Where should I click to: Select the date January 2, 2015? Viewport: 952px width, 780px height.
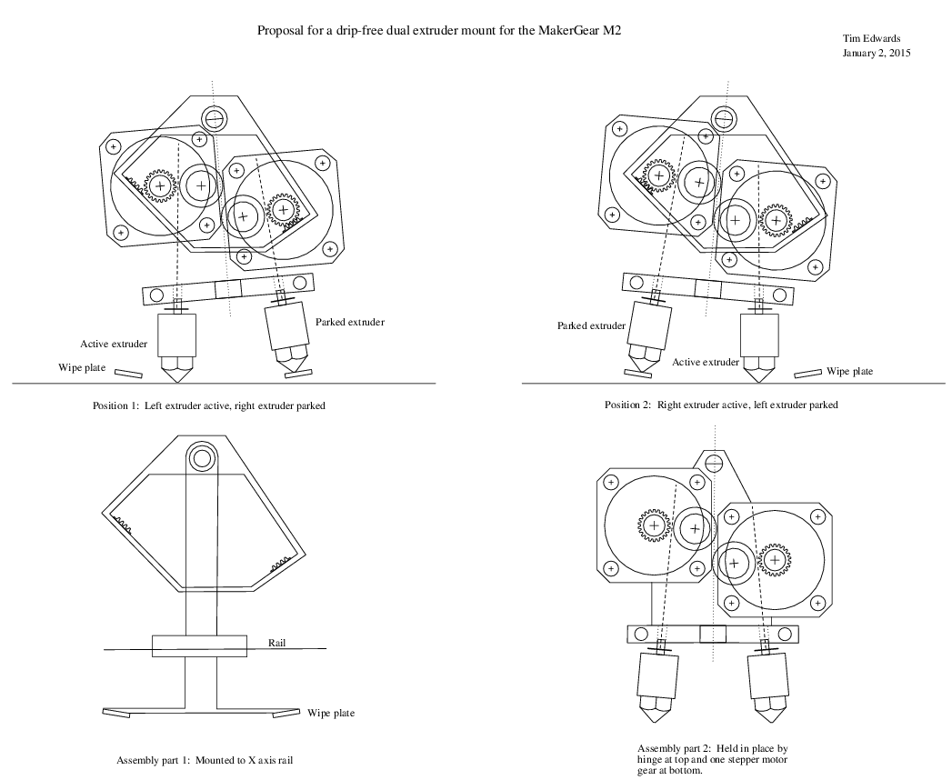[877, 53]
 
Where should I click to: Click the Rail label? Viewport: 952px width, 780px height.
[278, 642]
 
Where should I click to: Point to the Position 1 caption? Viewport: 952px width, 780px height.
[209, 405]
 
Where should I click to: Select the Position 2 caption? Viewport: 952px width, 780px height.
[721, 405]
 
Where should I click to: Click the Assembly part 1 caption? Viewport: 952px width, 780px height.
[205, 759]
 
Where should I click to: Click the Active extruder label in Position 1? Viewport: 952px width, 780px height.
[114, 344]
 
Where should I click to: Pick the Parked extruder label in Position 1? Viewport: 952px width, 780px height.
[350, 322]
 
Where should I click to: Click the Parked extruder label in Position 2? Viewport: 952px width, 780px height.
[591, 325]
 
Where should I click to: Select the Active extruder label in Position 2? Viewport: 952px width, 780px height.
[706, 362]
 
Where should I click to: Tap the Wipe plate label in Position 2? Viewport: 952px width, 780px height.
[850, 371]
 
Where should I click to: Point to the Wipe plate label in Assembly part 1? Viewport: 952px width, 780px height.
[331, 714]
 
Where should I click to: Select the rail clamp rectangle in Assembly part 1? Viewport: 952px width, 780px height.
[199, 646]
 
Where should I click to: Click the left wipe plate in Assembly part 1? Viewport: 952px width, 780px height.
[117, 712]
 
